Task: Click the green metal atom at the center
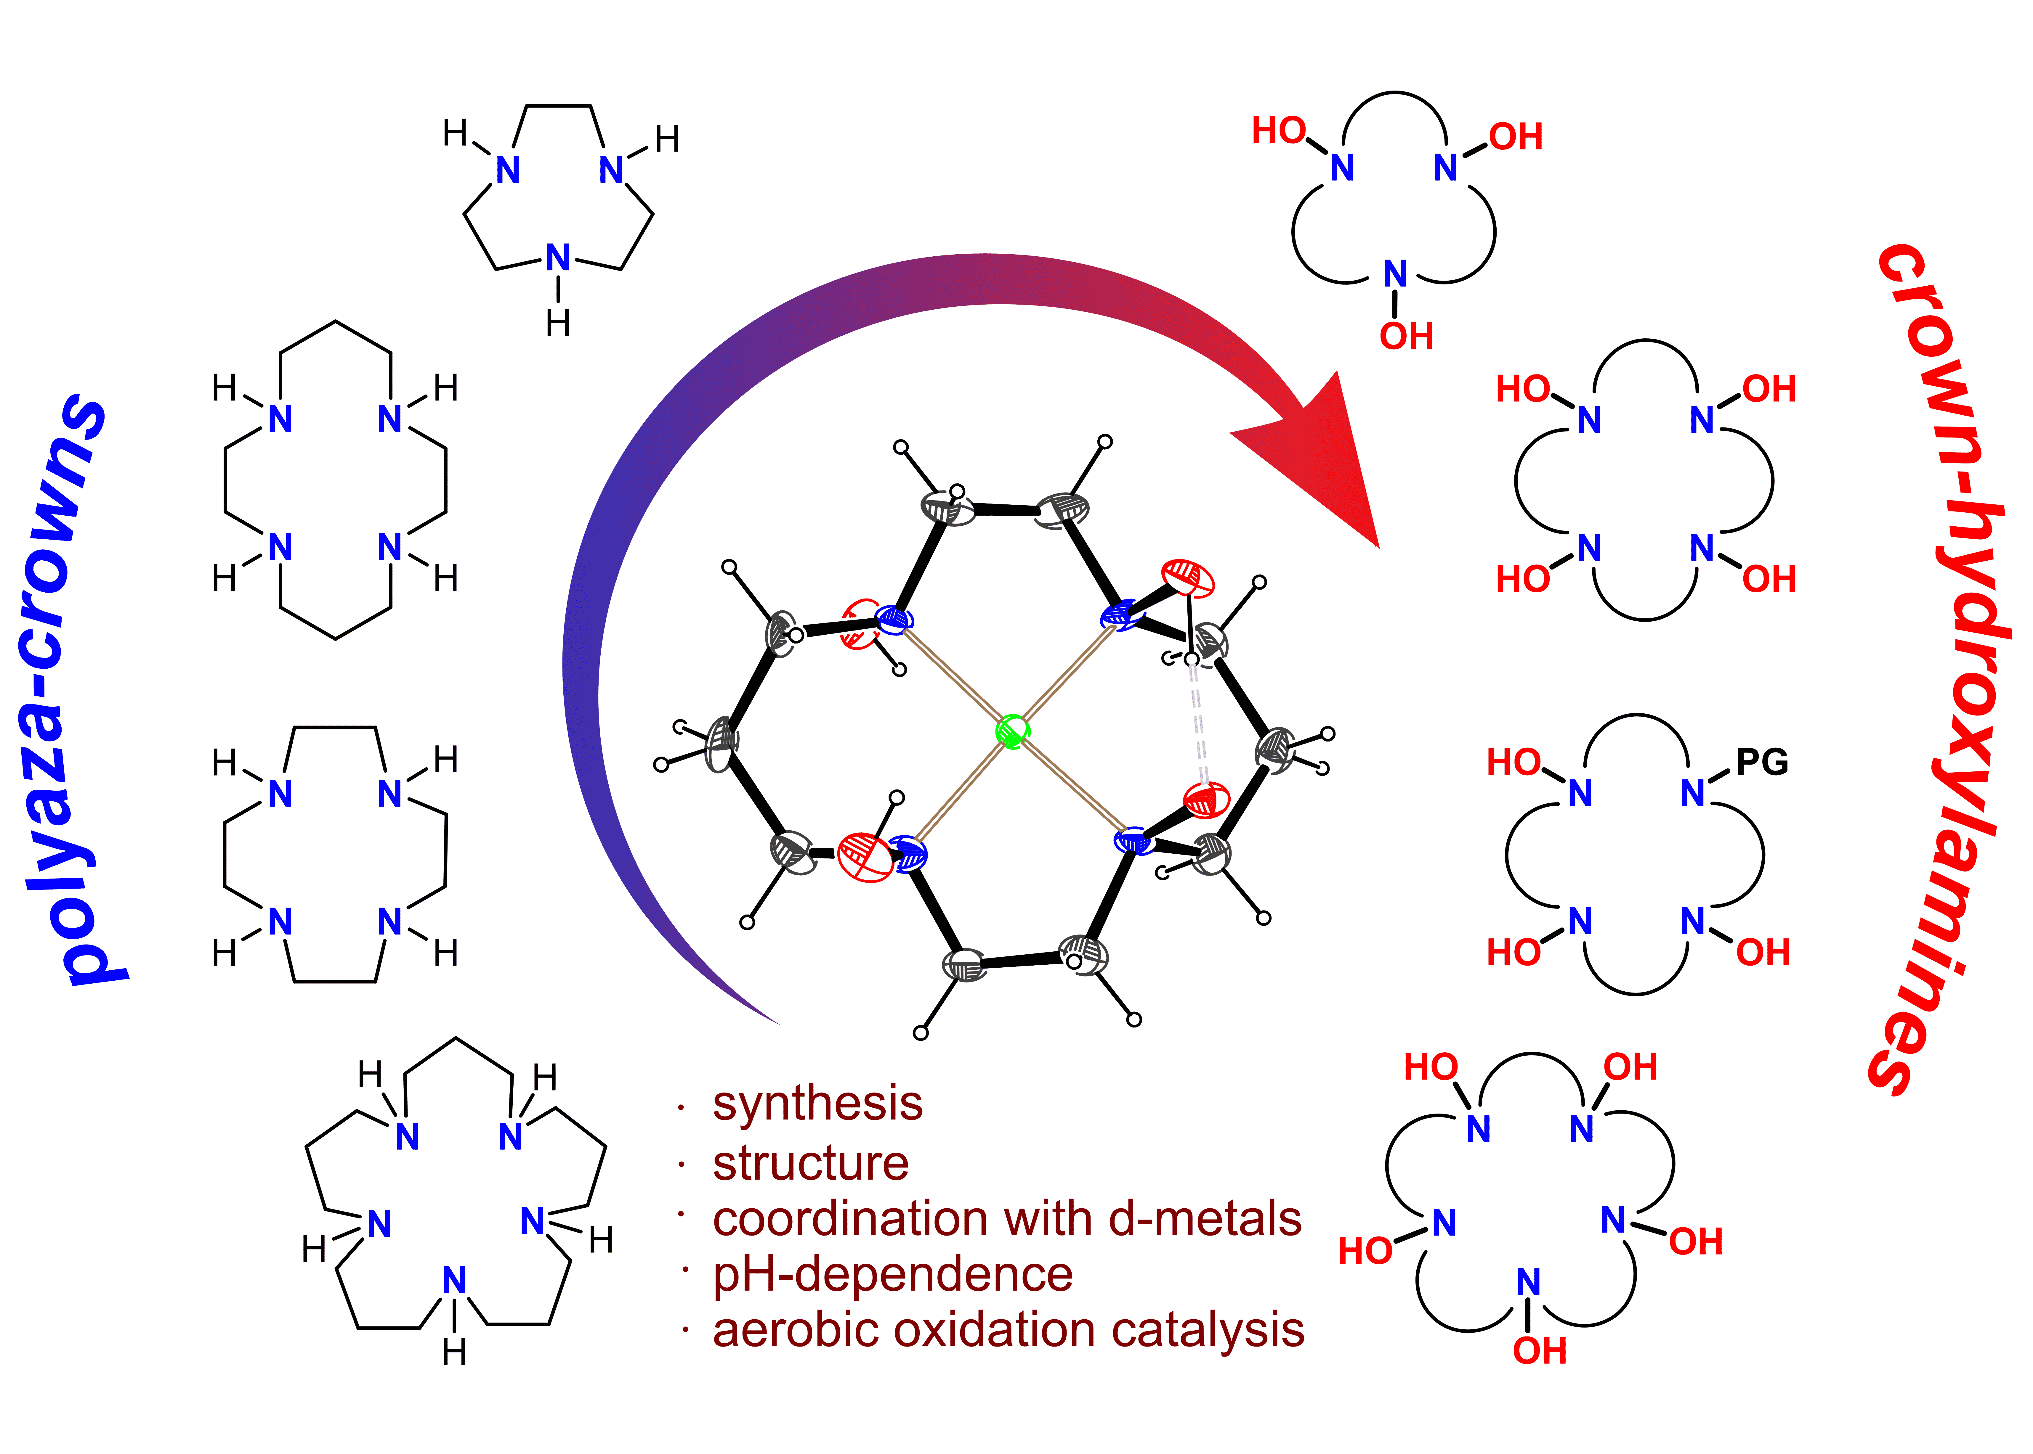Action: click(x=1012, y=731)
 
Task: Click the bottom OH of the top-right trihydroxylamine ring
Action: click(x=1406, y=337)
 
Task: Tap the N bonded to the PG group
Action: click(x=1693, y=793)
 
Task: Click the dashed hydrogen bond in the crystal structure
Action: click(x=1198, y=723)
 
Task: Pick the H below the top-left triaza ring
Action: click(x=558, y=322)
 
